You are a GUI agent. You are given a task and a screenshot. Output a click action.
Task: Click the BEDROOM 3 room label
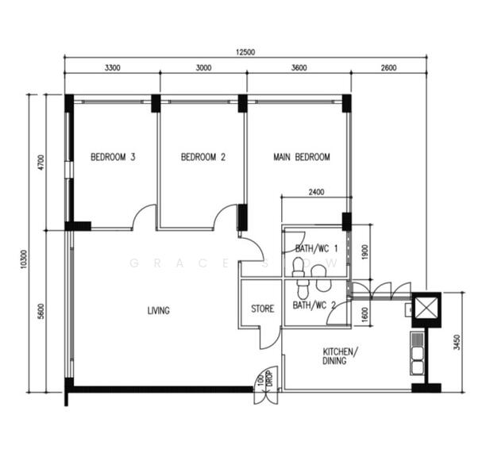[112, 158]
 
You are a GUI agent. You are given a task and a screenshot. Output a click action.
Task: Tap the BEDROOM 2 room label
[203, 158]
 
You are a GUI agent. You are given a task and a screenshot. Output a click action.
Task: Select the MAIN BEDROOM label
[301, 158]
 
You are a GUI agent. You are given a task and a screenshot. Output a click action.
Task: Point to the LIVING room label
[158, 310]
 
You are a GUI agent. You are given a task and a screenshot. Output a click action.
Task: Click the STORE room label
[262, 308]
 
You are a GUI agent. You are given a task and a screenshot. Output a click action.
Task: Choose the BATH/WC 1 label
[317, 249]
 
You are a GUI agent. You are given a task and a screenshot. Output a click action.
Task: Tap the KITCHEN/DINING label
[340, 356]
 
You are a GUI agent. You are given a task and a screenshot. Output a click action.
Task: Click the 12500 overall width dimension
[245, 52]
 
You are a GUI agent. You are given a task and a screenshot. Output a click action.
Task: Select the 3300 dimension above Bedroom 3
[112, 68]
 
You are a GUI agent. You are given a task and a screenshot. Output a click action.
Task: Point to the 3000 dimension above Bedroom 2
[203, 68]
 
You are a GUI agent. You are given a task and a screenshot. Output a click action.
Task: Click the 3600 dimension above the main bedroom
[299, 68]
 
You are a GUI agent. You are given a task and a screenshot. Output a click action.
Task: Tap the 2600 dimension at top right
[388, 68]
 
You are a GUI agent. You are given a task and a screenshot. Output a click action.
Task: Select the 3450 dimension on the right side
[456, 341]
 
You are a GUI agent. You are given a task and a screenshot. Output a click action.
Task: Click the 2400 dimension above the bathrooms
[315, 192]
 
